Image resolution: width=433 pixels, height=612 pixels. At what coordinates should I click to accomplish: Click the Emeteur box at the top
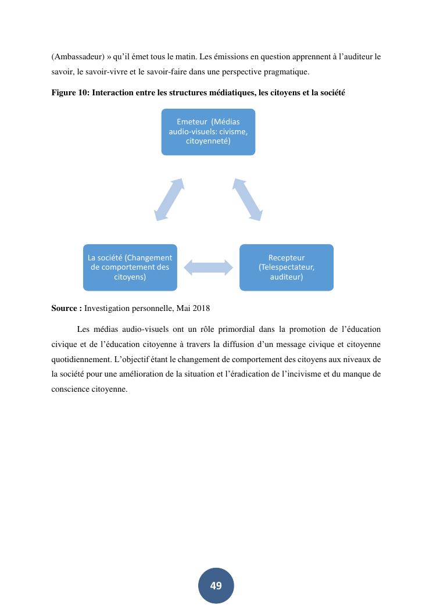[208, 131]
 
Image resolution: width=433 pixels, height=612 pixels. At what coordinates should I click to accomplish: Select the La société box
[130, 267]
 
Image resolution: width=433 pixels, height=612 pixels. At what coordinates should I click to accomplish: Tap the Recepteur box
[287, 267]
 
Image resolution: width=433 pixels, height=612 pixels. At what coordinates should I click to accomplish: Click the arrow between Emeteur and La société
[170, 199]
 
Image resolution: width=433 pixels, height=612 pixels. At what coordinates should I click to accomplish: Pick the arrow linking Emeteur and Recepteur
[248, 199]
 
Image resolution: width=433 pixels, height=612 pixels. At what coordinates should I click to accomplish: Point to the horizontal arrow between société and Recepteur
[208, 267]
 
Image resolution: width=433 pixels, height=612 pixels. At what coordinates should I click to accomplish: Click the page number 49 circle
[216, 585]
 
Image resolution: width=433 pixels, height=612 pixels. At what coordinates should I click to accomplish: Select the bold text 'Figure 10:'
[70, 93]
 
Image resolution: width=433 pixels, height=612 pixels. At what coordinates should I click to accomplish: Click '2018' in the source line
[201, 308]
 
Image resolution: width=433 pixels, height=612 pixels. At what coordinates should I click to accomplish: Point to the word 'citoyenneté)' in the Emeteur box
[208, 141]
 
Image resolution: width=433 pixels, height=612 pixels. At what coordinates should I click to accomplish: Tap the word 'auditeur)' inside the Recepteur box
[287, 277]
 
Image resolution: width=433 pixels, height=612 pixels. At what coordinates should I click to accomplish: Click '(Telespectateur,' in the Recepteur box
[287, 267]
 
